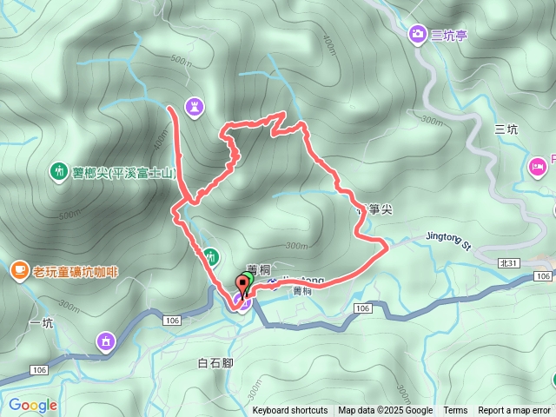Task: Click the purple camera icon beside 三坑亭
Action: (x=417, y=34)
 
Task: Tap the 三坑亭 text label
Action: (x=448, y=34)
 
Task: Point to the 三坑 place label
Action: (x=506, y=129)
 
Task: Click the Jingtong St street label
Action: (x=447, y=237)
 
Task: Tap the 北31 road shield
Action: (x=510, y=263)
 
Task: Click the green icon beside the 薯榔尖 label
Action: (x=58, y=171)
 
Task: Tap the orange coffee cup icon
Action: (x=19, y=270)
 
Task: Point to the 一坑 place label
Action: (x=42, y=323)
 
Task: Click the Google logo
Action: (x=32, y=405)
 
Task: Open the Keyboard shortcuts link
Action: (x=290, y=411)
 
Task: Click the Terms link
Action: (x=455, y=411)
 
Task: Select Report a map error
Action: (x=514, y=411)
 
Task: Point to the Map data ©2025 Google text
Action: (x=385, y=411)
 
